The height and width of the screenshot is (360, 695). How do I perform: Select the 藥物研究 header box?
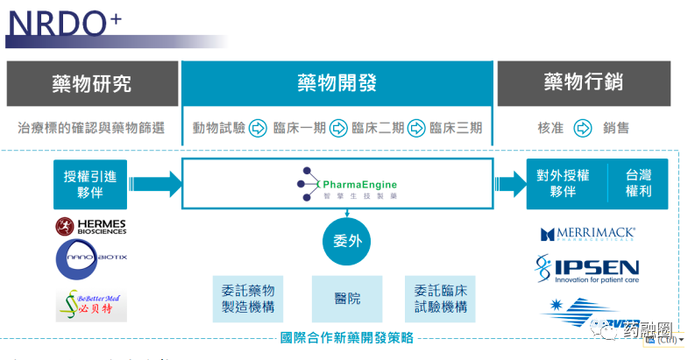click(91, 83)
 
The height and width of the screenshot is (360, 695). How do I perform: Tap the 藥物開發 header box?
click(337, 83)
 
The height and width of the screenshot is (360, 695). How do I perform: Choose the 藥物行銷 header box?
click(583, 83)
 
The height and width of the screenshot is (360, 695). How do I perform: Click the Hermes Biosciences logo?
click(91, 227)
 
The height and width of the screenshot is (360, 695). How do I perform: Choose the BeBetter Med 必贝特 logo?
click(90, 304)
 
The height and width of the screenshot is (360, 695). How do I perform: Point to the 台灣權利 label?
click(639, 183)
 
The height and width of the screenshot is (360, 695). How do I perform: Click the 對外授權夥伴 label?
click(567, 183)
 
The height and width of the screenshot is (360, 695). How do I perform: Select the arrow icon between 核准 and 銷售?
click(582, 128)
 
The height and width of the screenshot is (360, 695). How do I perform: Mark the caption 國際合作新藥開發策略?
click(347, 336)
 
